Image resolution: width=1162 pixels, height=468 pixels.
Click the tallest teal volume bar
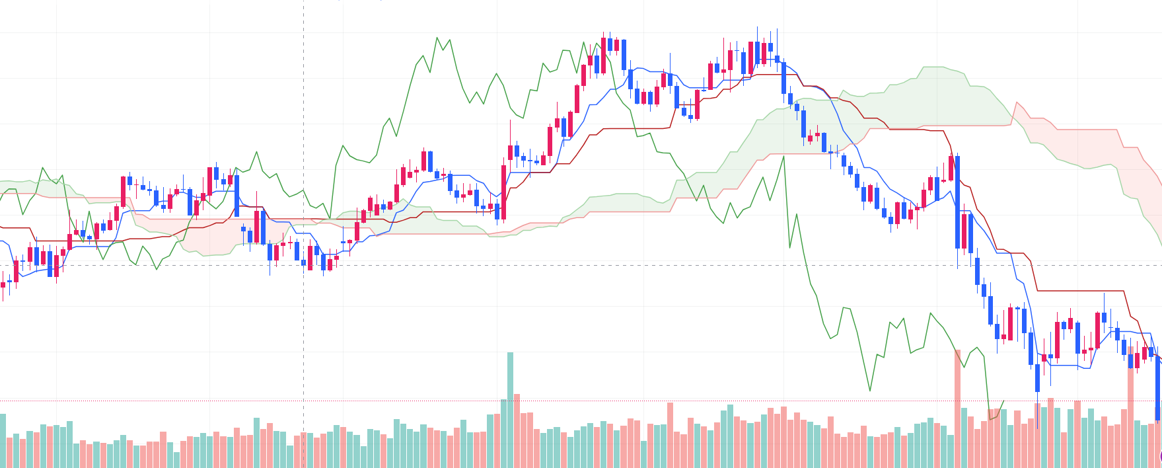point(510,410)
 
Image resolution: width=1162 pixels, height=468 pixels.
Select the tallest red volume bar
point(957,409)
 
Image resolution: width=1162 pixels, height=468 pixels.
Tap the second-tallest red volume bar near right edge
point(1130,407)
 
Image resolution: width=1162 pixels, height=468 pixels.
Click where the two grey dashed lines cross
point(303,265)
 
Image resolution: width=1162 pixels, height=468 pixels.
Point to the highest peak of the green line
point(437,38)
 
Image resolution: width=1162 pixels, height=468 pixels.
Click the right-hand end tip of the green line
point(1003,401)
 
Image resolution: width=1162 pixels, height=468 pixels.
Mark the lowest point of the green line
point(990,419)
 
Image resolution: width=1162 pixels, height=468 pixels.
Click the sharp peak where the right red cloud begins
point(1016,102)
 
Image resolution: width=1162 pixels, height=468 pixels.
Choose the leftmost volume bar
point(3,440)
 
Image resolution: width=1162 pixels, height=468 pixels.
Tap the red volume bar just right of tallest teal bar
point(517,430)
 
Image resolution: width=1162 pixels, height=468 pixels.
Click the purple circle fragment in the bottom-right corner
point(1160,456)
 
